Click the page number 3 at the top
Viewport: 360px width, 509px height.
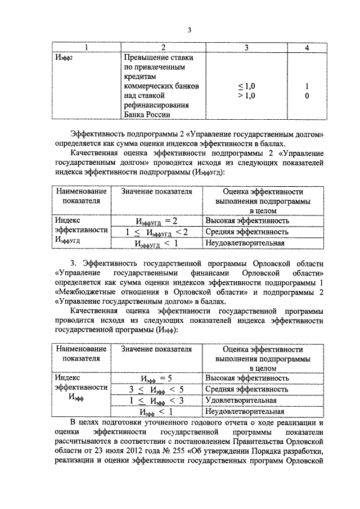190,30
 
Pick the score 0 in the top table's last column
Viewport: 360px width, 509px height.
307,96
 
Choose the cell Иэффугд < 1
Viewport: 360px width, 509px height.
156,243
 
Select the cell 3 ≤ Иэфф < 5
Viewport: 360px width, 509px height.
156,389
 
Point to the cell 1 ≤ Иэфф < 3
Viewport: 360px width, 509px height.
156,400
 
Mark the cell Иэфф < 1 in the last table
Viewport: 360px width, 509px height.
156,411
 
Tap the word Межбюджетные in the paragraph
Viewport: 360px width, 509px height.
87,292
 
